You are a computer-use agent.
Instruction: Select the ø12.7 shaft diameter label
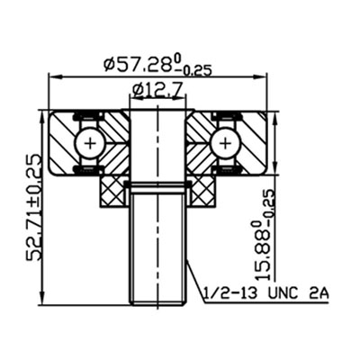point(159,89)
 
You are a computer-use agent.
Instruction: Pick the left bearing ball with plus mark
point(88,141)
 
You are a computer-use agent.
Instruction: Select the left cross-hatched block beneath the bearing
point(112,190)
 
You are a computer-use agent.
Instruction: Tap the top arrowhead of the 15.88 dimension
point(272,112)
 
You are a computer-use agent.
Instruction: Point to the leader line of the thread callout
point(195,279)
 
